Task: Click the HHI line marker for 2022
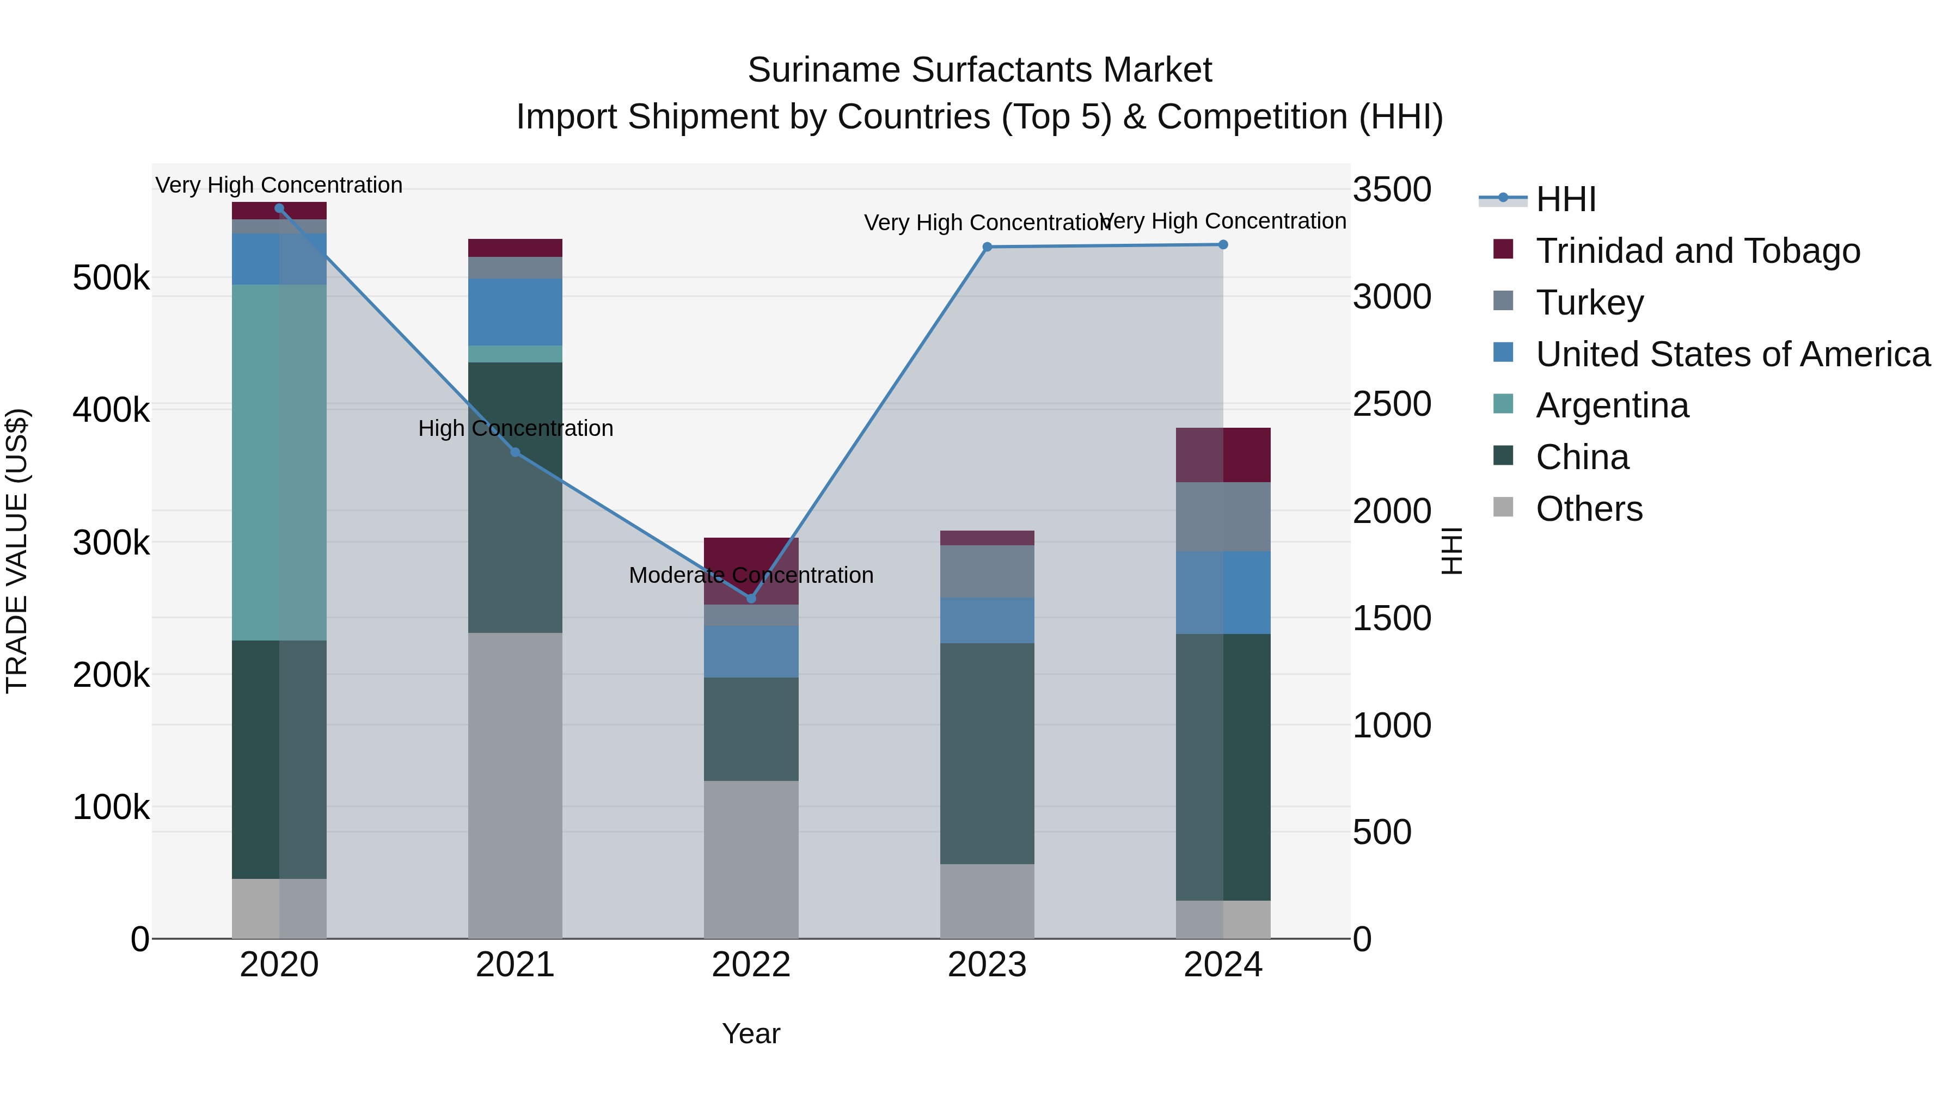tap(751, 599)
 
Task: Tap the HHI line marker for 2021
tap(515, 453)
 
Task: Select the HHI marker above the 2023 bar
tap(987, 247)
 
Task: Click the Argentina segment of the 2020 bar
tap(278, 463)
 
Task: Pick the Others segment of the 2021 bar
tap(515, 785)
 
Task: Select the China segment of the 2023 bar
tap(987, 753)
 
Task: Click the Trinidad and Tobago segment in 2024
tap(1223, 455)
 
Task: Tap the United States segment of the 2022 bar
tap(751, 652)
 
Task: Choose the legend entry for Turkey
tap(1589, 303)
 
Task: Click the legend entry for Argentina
tap(1612, 405)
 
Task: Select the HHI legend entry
tap(1565, 199)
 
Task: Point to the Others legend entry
tap(1589, 509)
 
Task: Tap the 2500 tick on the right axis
tap(1392, 404)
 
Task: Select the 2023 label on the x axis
tap(987, 965)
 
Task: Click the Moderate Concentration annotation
tap(751, 575)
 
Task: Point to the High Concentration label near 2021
tap(515, 428)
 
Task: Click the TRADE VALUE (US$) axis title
tap(17, 551)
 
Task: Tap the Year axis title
tap(751, 1033)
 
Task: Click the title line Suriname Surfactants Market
tap(979, 70)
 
